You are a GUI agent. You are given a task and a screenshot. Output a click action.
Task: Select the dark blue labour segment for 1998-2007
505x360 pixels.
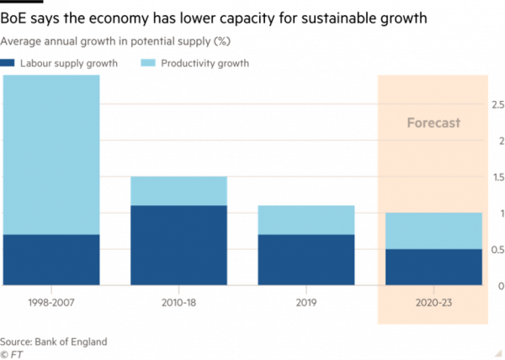pos(51,260)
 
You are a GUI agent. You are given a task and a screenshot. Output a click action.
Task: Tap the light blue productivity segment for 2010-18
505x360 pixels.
pos(178,191)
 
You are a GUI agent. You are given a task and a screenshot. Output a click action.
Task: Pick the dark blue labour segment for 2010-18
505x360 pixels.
pos(178,245)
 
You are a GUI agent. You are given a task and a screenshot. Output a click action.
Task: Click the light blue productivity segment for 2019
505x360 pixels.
pos(306,220)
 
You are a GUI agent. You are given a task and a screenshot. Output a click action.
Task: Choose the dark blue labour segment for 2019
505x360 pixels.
pos(306,260)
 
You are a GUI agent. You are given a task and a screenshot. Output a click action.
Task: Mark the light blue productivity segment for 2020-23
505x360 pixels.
pos(433,230)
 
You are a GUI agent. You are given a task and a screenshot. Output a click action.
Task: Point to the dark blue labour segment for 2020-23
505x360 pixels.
pos(433,267)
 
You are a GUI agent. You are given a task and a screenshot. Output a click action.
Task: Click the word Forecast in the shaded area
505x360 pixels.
pos(433,123)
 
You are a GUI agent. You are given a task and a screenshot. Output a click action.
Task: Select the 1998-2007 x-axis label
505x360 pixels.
pos(51,300)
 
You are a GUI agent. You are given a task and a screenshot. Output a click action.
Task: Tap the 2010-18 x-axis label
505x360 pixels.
pos(178,300)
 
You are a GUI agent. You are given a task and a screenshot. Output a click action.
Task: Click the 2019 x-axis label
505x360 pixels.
pos(306,300)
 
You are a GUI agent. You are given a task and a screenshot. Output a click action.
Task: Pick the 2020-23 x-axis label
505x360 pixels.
pos(433,300)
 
